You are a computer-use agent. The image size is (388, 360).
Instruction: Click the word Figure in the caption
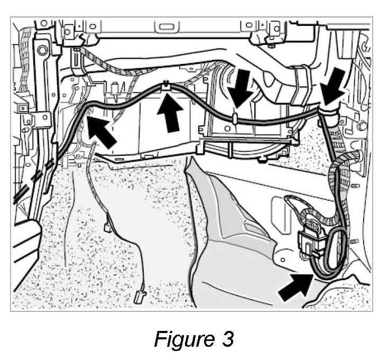click(180, 339)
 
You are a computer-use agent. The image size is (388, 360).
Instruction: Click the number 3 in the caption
click(227, 339)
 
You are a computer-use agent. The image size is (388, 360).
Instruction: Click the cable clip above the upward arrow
click(166, 84)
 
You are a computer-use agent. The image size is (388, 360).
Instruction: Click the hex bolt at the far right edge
click(363, 126)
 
